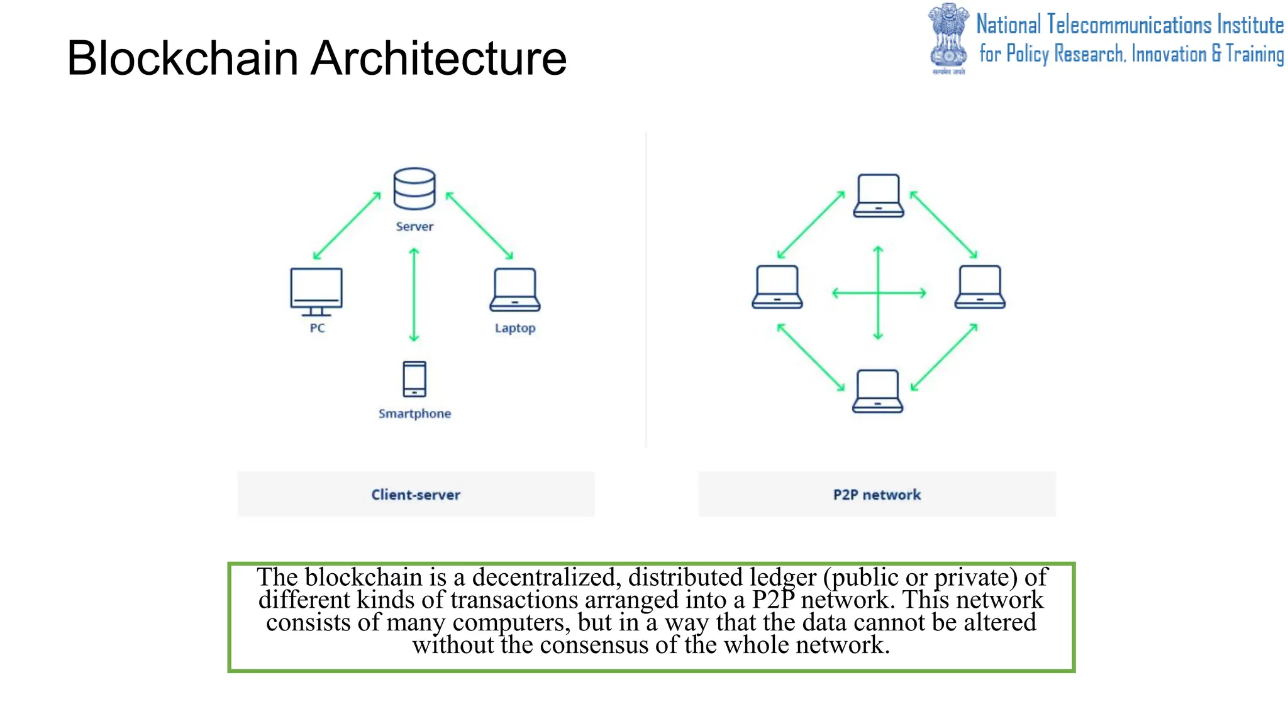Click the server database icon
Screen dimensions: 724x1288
[414, 189]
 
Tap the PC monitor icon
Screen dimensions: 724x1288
[316, 291]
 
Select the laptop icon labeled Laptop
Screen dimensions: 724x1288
[515, 290]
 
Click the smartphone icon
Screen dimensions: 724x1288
[414, 379]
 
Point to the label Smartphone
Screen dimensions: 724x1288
[414, 414]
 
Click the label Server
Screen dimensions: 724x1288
[414, 226]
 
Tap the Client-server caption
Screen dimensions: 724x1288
[416, 495]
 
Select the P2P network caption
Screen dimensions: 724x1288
[877, 495]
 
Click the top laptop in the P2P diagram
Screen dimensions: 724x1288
[879, 196]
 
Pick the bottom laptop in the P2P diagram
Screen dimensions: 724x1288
[878, 391]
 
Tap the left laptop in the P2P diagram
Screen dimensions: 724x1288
[777, 287]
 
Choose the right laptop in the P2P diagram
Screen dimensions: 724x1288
[980, 287]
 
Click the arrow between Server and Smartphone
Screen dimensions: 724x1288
[414, 294]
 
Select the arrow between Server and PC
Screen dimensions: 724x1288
[347, 226]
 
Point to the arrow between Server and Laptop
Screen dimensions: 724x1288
[480, 226]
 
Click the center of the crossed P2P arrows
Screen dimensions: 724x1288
[879, 293]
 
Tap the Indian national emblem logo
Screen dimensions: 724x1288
[948, 38]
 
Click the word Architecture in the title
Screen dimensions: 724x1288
[438, 58]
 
